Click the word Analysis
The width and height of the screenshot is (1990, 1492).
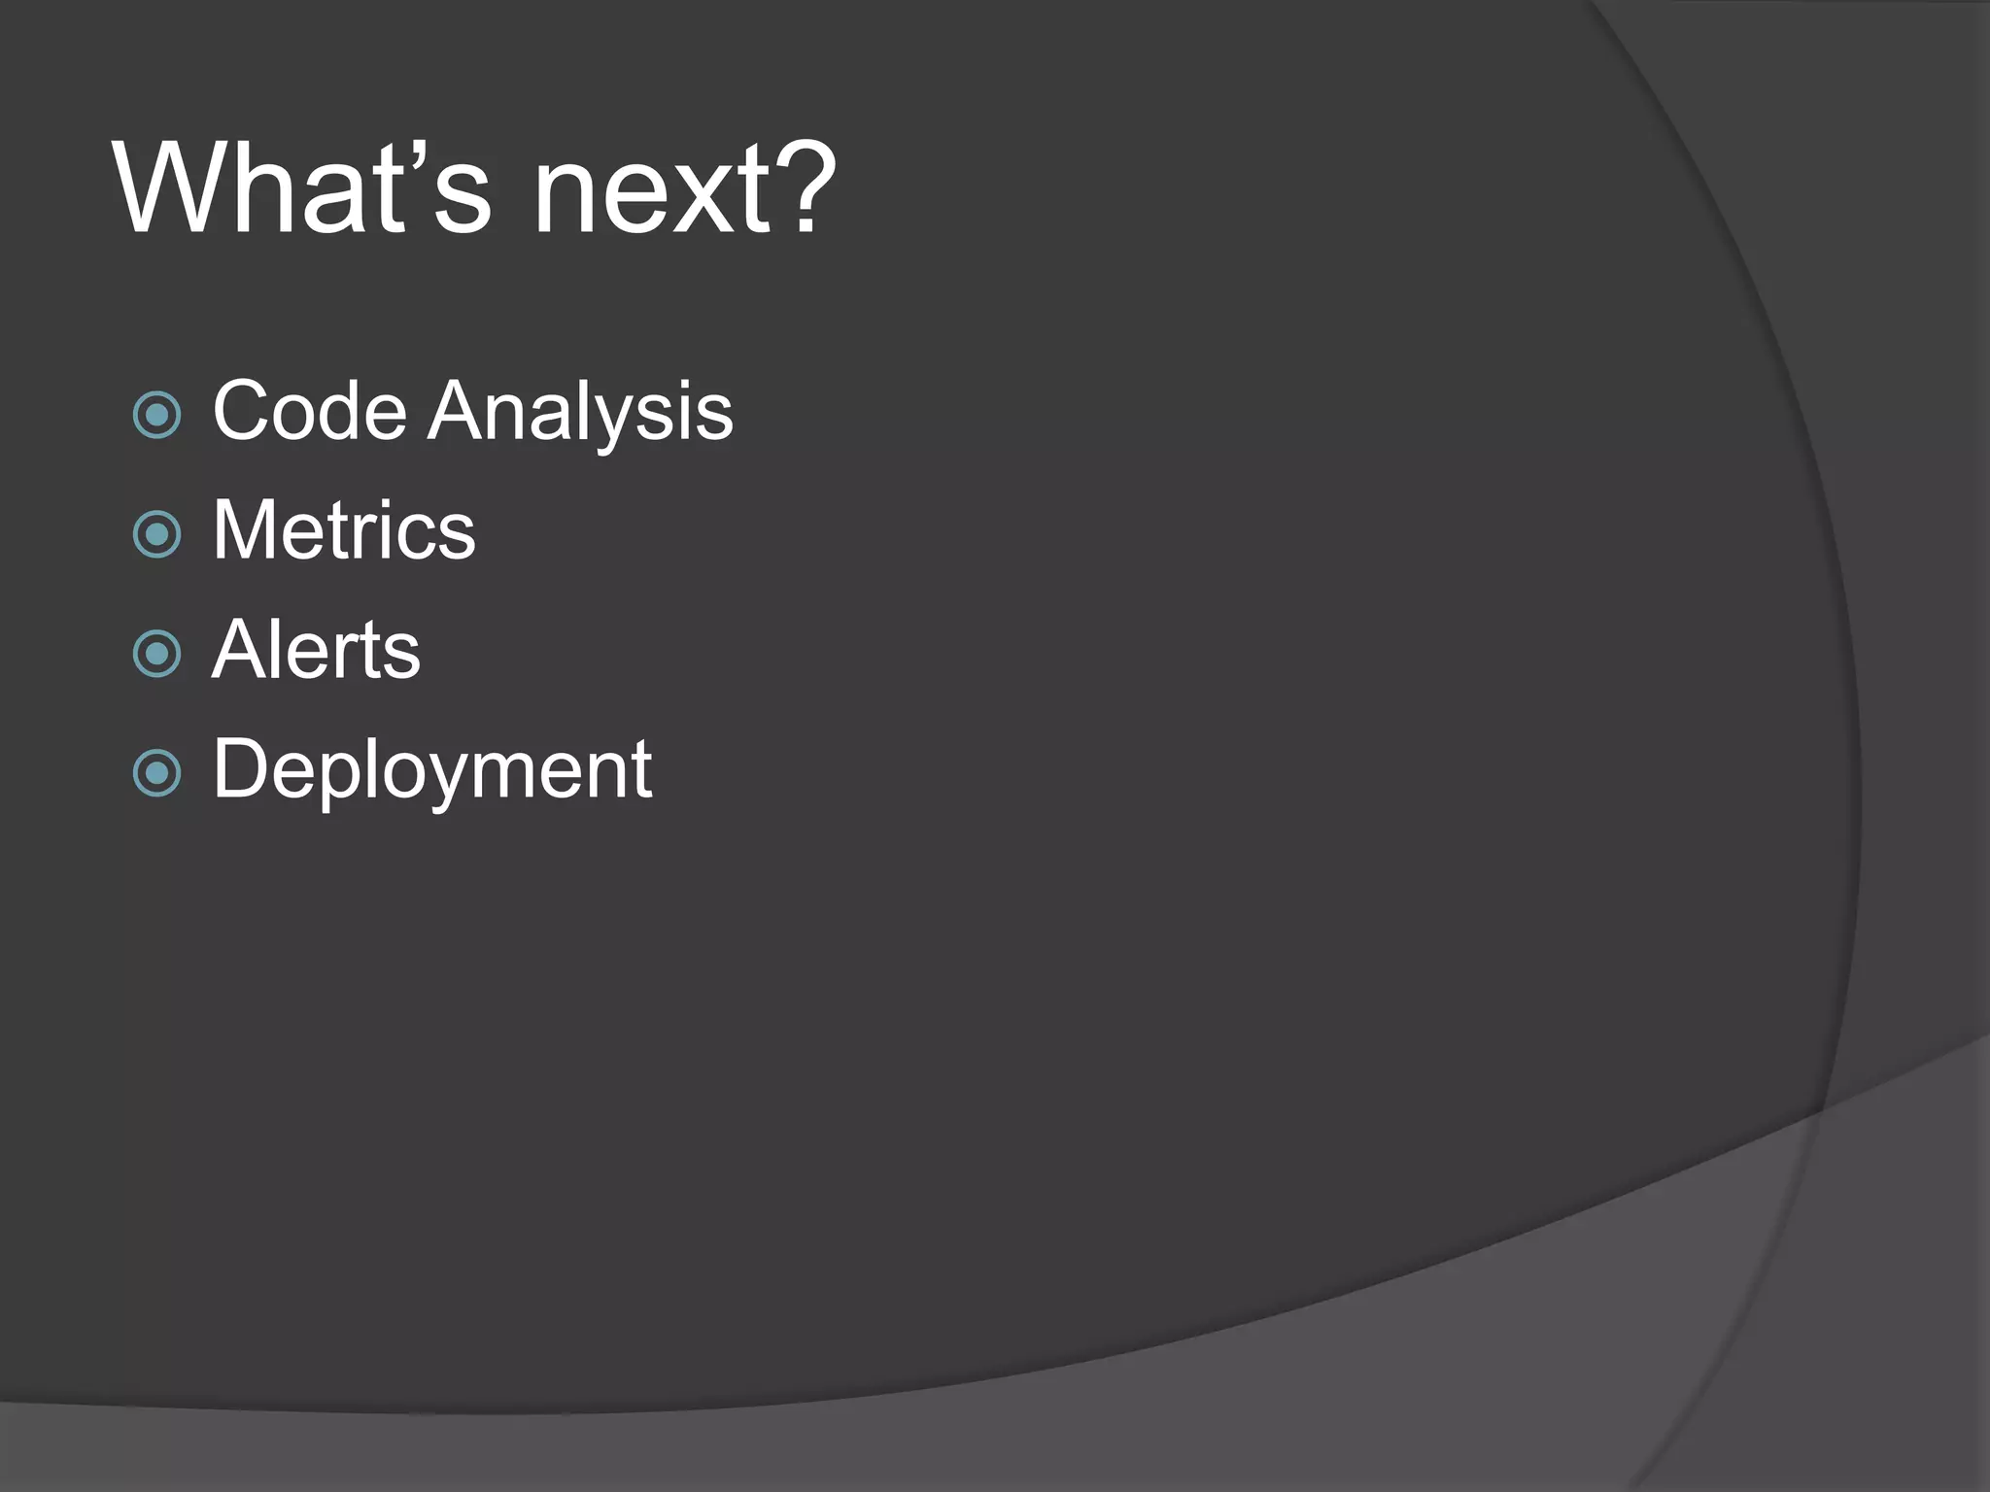580,413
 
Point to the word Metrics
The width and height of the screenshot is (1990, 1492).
344,530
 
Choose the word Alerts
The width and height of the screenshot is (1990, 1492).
316,650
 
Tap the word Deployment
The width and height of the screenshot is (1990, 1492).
431,769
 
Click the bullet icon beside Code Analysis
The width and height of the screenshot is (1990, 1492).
156,416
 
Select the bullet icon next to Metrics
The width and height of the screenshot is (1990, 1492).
156,534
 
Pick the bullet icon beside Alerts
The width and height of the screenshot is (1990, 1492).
156,654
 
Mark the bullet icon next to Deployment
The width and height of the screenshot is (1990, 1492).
156,773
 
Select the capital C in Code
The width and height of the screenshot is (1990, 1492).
243,411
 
